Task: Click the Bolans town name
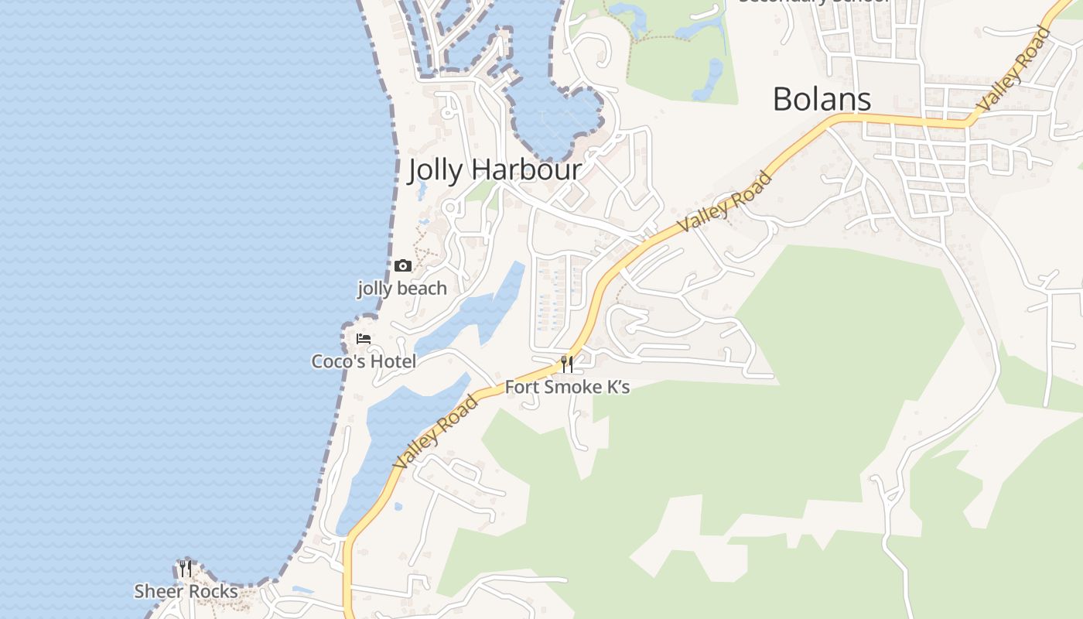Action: click(822, 100)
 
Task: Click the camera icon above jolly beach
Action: click(402, 266)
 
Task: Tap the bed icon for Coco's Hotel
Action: click(364, 339)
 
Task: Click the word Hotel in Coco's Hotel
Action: click(393, 361)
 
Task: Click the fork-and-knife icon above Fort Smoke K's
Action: click(567, 364)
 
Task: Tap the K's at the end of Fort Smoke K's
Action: click(616, 387)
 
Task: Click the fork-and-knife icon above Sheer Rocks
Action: click(185, 569)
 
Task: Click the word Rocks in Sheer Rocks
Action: click(214, 592)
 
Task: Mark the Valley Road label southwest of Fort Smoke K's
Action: click(435, 432)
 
